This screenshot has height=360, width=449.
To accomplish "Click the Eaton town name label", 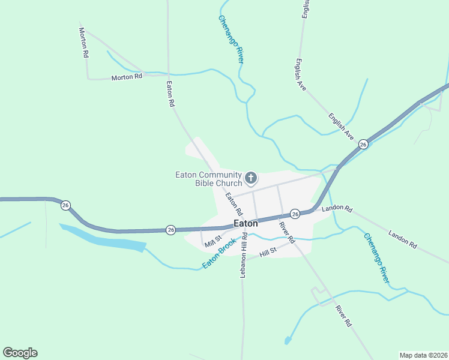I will click(246, 223).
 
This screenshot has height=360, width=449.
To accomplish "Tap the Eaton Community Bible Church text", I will click(208, 179).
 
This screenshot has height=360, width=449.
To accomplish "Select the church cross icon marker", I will click(251, 178).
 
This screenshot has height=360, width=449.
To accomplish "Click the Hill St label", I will click(267, 254).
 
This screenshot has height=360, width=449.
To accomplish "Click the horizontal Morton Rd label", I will click(127, 77).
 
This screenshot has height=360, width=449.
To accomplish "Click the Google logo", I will click(20, 353).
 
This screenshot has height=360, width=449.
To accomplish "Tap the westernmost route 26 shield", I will click(65, 206).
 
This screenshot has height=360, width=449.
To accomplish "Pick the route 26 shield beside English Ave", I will click(363, 145).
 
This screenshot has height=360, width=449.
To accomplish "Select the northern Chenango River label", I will click(231, 40).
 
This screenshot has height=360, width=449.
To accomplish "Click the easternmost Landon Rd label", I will click(402, 238).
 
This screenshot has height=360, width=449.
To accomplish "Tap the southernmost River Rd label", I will click(343, 316).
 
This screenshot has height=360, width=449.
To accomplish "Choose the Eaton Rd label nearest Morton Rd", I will click(170, 94).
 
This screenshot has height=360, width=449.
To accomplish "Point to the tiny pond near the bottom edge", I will click(288, 341).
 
